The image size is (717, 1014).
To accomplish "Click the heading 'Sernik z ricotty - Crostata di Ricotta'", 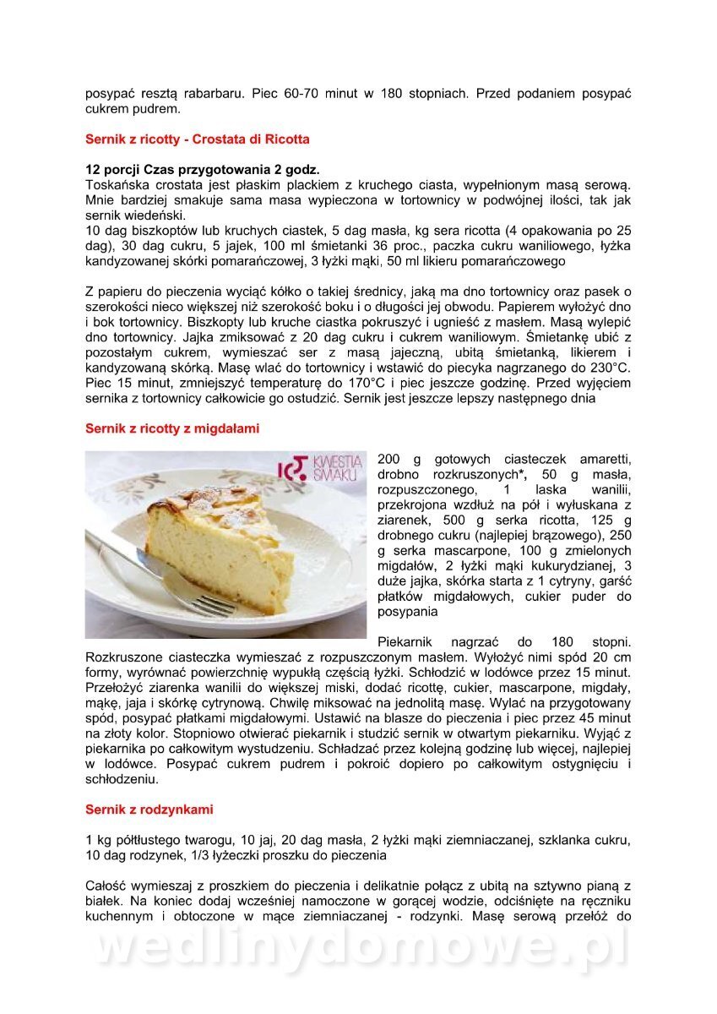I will coord(197,139).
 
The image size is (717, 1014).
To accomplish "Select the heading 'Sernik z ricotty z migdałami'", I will coord(172,428).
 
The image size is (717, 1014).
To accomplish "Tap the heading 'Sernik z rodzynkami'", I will coord(149,809).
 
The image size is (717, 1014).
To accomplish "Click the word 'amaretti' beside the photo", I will coord(603,458).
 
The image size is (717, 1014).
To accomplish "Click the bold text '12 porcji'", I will coord(117,169).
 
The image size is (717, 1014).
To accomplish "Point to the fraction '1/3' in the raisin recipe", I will coord(188,855).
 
